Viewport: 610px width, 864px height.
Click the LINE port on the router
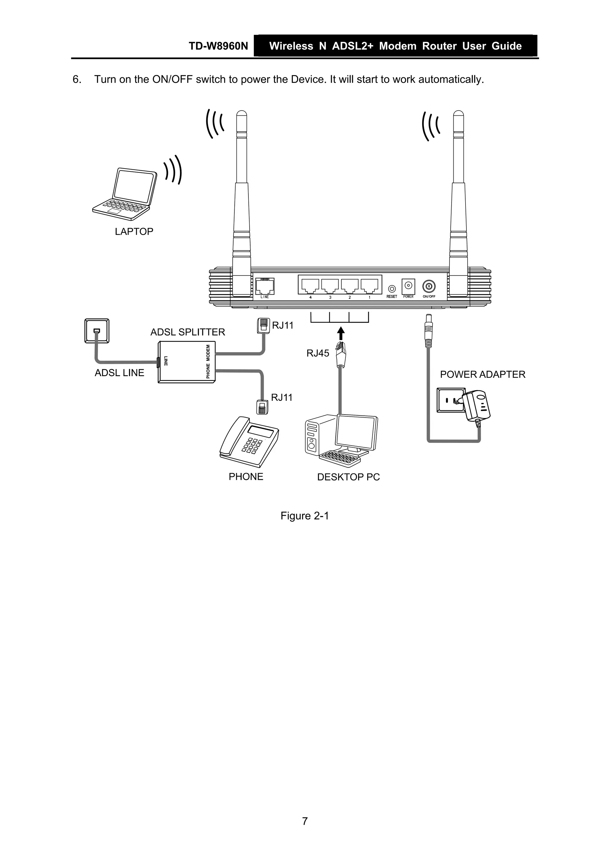pos(264,286)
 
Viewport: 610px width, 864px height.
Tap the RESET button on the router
pos(392,289)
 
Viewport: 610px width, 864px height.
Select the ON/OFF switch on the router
pos(429,287)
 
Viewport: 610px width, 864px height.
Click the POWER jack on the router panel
pos(408,286)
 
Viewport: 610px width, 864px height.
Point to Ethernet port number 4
pos(310,286)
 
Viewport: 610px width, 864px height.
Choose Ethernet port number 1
pos(369,286)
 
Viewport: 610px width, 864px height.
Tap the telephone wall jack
pos(97,331)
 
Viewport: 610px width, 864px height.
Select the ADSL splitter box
pos(186,362)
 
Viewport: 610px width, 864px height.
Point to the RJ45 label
pos(318,353)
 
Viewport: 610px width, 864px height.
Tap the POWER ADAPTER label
pos(482,374)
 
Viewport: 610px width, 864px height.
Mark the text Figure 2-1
pos(304,516)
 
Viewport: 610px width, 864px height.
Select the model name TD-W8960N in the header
pos(218,46)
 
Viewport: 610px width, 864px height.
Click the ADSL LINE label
pos(119,373)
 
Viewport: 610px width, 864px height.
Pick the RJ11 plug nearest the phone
pos(262,407)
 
